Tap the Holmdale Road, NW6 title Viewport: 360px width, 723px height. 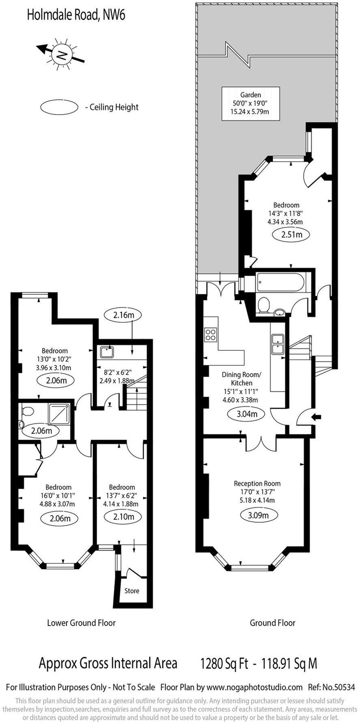pyautogui.click(x=76, y=15)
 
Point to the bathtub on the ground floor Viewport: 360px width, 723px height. pyautogui.click(x=280, y=282)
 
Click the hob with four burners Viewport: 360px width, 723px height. pyautogui.click(x=211, y=335)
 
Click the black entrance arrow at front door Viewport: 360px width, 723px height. pyautogui.click(x=316, y=417)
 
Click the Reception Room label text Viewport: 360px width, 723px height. pyautogui.click(x=257, y=483)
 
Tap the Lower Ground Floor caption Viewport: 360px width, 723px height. pyautogui.click(x=81, y=623)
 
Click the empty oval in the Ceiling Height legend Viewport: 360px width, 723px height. pyautogui.click(x=59, y=107)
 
